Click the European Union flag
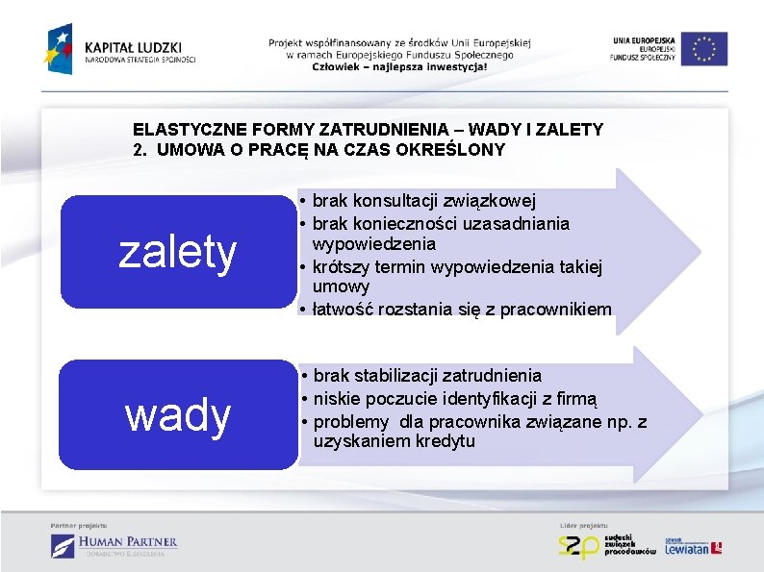tap(707, 49)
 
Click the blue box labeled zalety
tap(177, 252)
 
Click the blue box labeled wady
tap(177, 415)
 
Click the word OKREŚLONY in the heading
tap(454, 150)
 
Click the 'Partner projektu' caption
tap(79, 525)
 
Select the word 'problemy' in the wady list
tap(351, 421)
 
